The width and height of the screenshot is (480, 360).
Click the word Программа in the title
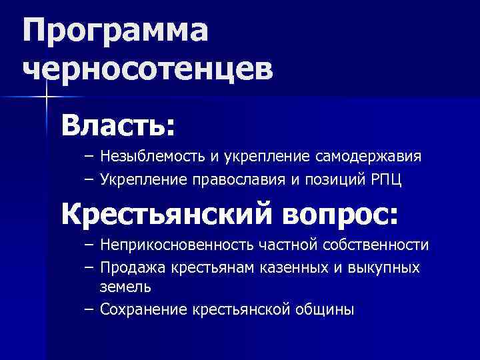click(115, 31)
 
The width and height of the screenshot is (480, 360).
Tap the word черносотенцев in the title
click(148, 69)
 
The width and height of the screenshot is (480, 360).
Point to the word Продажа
click(132, 267)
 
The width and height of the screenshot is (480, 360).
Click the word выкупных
click(387, 267)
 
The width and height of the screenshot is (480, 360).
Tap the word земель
click(125, 287)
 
